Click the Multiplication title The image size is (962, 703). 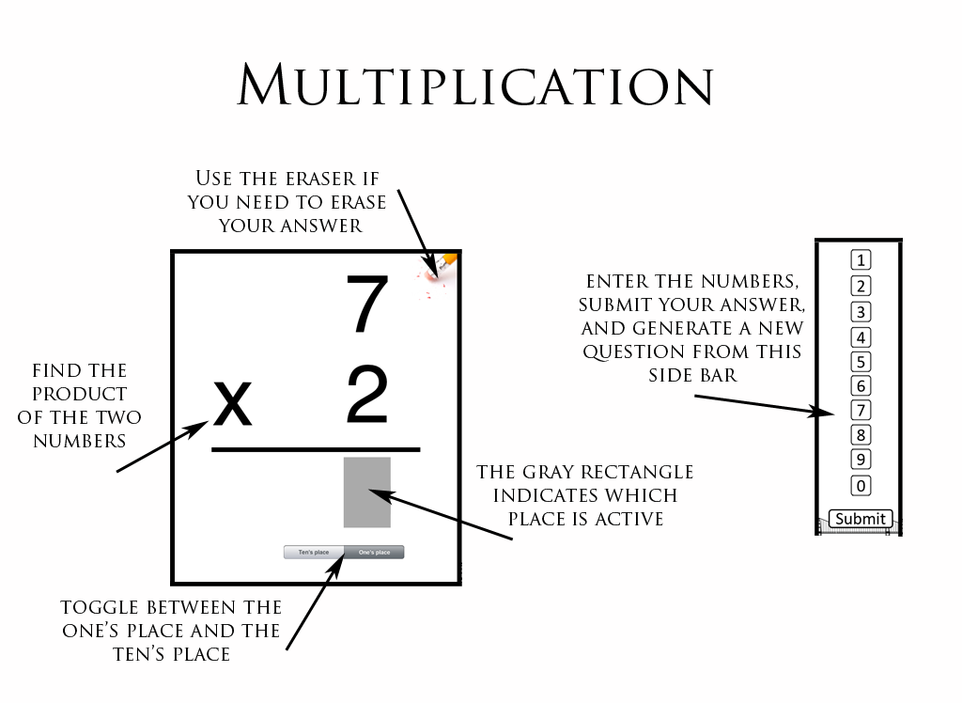pyautogui.click(x=475, y=86)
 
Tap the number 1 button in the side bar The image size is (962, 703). pyautogui.click(x=860, y=260)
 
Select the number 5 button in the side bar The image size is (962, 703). pyautogui.click(x=860, y=362)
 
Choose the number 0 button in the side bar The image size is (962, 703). pyautogui.click(x=860, y=486)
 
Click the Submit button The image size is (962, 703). pyautogui.click(x=860, y=519)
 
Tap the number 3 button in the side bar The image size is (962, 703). pyautogui.click(x=860, y=312)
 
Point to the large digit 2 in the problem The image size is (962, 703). pyautogui.click(x=367, y=396)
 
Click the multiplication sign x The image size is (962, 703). pyautogui.click(x=234, y=404)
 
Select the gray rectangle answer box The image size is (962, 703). pyautogui.click(x=367, y=492)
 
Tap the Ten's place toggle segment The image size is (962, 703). pyautogui.click(x=314, y=553)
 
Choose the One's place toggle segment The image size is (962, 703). pyautogui.click(x=374, y=553)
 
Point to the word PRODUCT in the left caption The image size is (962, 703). pyautogui.click(x=80, y=394)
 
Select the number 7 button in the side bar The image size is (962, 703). pyautogui.click(x=860, y=410)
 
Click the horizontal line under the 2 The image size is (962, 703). pyautogui.click(x=316, y=450)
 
